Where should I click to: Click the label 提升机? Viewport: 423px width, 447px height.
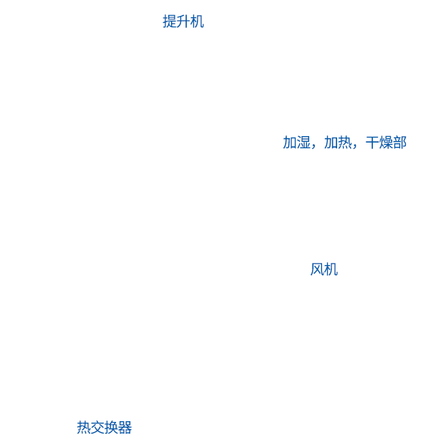(183, 21)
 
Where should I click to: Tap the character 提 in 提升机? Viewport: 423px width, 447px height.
(170, 21)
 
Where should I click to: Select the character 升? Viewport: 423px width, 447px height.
(183, 21)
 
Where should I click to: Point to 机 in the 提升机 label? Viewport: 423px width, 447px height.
(197, 21)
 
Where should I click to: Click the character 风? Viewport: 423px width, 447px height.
(317, 269)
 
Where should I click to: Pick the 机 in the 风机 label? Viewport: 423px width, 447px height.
(331, 269)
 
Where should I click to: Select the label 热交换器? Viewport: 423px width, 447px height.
(104, 428)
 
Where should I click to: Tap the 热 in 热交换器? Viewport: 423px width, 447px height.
(84, 428)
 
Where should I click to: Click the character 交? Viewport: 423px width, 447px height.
(97, 428)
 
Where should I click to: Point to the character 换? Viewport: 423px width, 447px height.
(111, 428)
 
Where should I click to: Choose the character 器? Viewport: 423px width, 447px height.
(125, 428)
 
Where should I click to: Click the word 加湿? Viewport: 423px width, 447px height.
(296, 143)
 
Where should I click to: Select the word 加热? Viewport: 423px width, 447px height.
(338, 143)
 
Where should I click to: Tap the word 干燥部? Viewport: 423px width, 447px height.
(386, 143)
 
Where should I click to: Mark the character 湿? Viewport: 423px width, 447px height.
(303, 143)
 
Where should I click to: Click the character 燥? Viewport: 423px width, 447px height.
(386, 143)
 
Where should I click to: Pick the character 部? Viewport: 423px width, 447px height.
(399, 143)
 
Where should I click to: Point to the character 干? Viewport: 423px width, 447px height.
(372, 143)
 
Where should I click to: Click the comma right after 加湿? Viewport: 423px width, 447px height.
(313, 147)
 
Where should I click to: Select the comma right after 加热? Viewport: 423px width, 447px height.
(355, 147)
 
